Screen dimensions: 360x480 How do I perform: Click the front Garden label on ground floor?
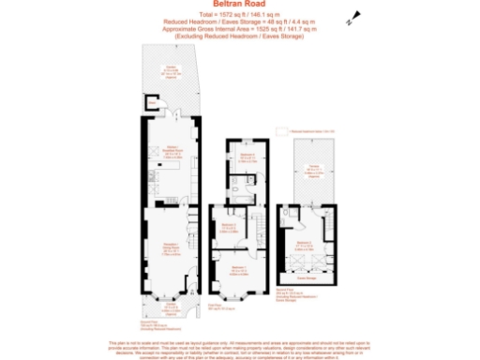tap(171, 305)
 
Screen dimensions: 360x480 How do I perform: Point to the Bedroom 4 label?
tap(246, 157)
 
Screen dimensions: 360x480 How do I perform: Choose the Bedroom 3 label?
tap(229, 226)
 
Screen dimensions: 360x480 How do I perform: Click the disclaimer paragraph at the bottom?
tap(240, 347)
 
